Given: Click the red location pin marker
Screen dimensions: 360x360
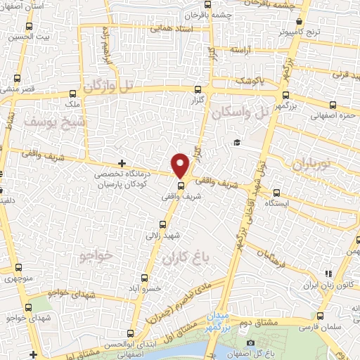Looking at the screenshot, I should pyautogui.click(x=181, y=165).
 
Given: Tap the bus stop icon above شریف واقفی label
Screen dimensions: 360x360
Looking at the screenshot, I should pyautogui.click(x=181, y=186).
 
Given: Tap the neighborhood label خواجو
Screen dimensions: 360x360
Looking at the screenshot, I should pyautogui.click(x=96, y=255).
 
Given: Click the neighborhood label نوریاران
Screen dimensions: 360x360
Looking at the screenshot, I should pyautogui.click(x=307, y=165).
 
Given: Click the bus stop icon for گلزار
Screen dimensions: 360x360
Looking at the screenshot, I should pyautogui.click(x=198, y=89).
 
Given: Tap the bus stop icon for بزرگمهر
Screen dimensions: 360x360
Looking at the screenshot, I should pyautogui.click(x=285, y=96).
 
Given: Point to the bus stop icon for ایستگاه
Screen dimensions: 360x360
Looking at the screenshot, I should pyautogui.click(x=276, y=191).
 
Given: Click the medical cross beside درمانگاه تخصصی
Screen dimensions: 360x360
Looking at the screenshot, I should pyautogui.click(x=122, y=162).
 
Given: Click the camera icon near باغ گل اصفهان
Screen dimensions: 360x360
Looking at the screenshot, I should pyautogui.click(x=251, y=342).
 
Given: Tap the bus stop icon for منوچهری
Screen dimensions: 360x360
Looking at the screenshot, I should pyautogui.click(x=18, y=267).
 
